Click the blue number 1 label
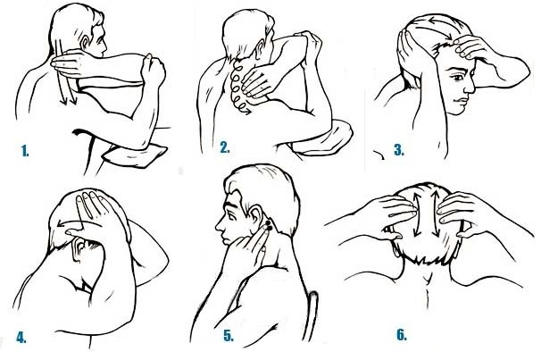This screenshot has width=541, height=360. click(25, 151)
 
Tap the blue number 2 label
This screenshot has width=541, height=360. click(225, 147)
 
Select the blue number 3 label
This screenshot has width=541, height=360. click(399, 150)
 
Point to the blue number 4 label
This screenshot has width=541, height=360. click(21, 338)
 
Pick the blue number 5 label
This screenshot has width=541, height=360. click(229, 336)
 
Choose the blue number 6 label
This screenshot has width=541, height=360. click(402, 335)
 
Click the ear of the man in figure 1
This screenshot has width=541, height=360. click(85, 42)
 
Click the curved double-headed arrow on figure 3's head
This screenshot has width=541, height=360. click(435, 27)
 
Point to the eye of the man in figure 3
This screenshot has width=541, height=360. click(458, 78)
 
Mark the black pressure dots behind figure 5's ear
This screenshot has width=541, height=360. click(268, 226)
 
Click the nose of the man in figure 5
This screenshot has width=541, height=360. click(219, 226)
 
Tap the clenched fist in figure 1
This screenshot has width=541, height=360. click(154, 71)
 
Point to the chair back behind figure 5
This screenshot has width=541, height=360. click(313, 316)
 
